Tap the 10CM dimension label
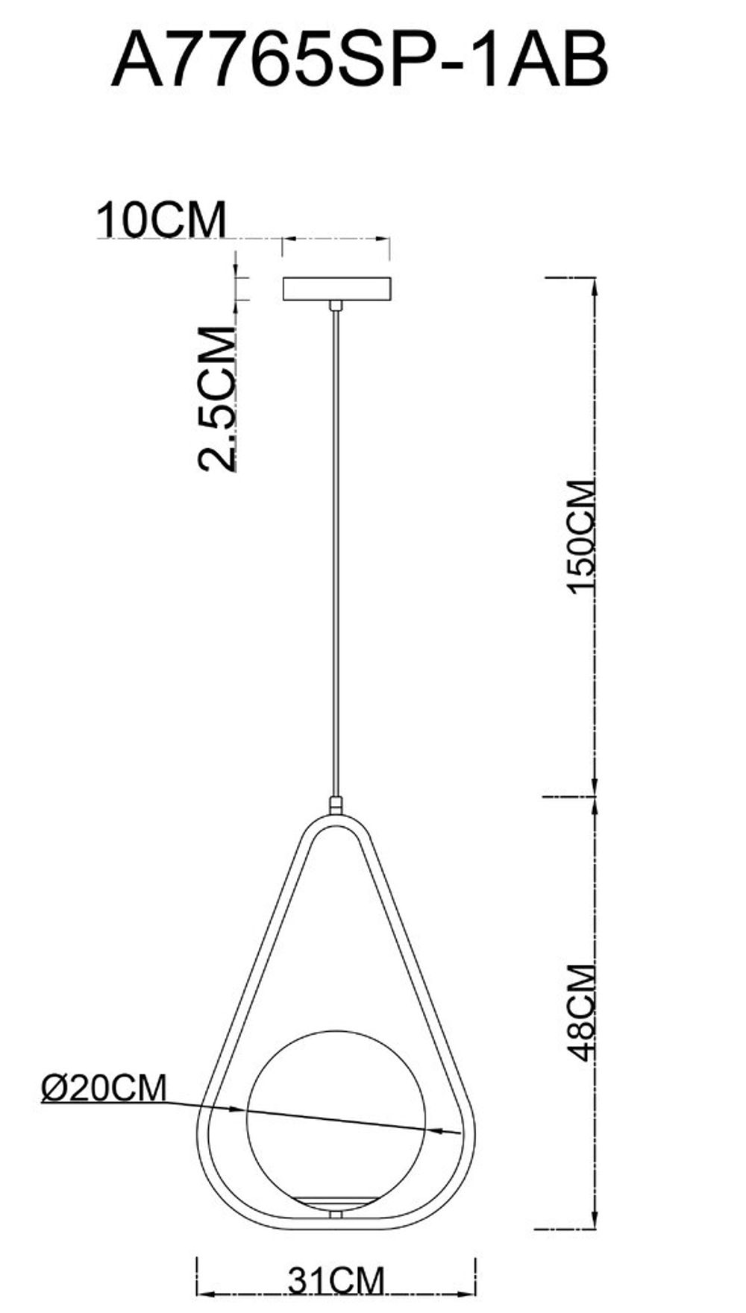tap(161, 219)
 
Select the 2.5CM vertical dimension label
tap(217, 399)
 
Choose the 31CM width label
tap(336, 1282)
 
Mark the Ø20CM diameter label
tap(104, 1088)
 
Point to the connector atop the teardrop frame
tap(336, 805)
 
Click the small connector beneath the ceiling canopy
tap(336, 306)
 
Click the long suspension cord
tap(336, 552)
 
